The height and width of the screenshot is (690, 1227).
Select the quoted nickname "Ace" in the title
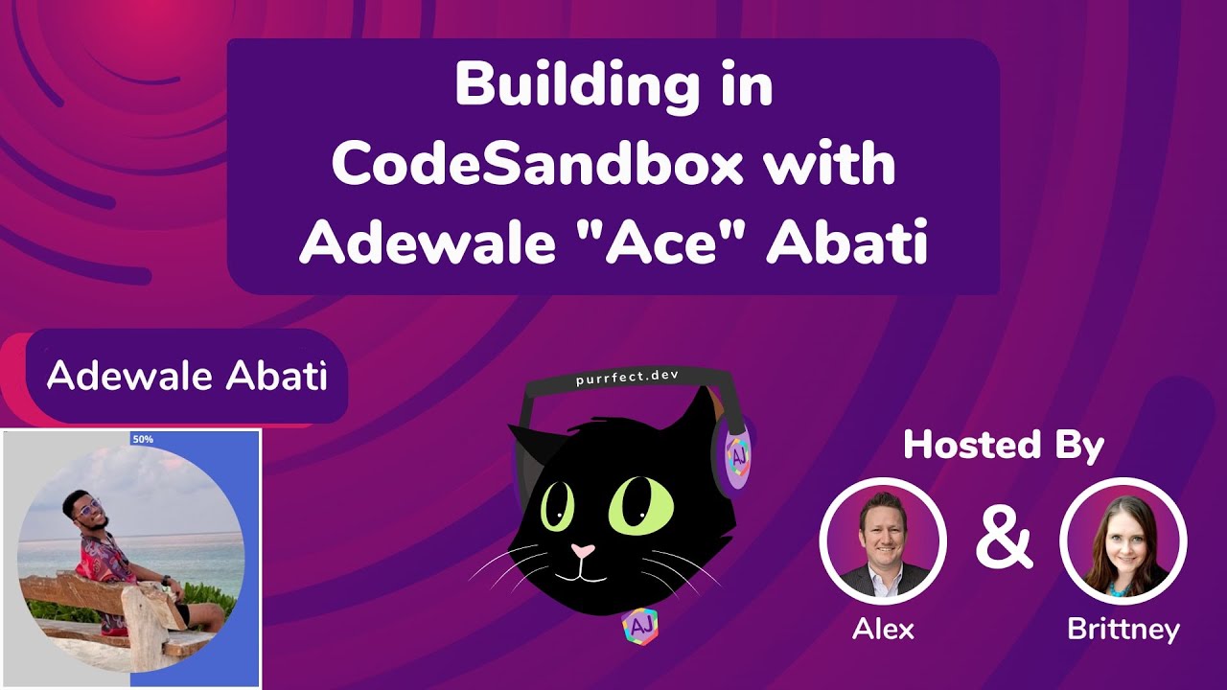click(667, 246)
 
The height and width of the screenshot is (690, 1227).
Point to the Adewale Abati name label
click(187, 377)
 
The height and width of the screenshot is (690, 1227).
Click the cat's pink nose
click(582, 551)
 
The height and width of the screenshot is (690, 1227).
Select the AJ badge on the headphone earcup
click(739, 457)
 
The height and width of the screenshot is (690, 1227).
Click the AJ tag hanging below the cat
click(638, 626)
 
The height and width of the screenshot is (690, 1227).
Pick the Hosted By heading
click(1003, 446)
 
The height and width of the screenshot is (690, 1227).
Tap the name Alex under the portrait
click(883, 629)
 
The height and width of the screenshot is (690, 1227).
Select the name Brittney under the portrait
click(1123, 629)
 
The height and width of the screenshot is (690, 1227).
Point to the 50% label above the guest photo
click(143, 439)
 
